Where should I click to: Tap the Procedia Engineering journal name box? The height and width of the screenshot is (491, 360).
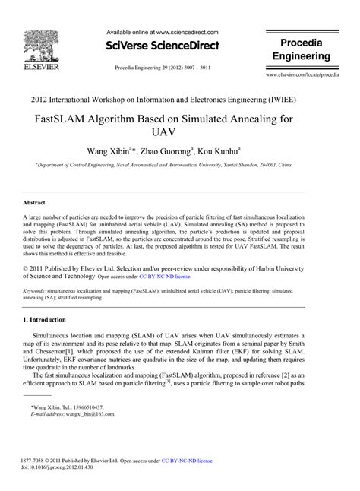302,50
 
